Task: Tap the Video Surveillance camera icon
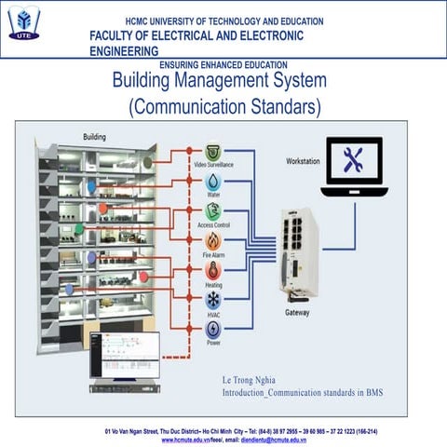213,151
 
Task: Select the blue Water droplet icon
213,181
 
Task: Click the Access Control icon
213,210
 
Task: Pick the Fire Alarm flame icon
213,240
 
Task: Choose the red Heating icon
213,270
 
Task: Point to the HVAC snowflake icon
213,300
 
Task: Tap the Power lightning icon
213,329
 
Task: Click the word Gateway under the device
298,313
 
